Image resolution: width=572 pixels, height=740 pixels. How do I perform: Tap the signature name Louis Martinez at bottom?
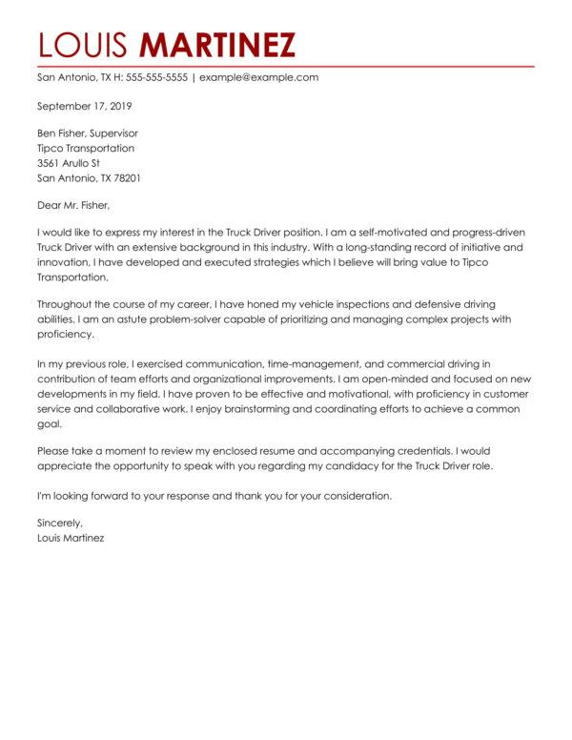(71, 538)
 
